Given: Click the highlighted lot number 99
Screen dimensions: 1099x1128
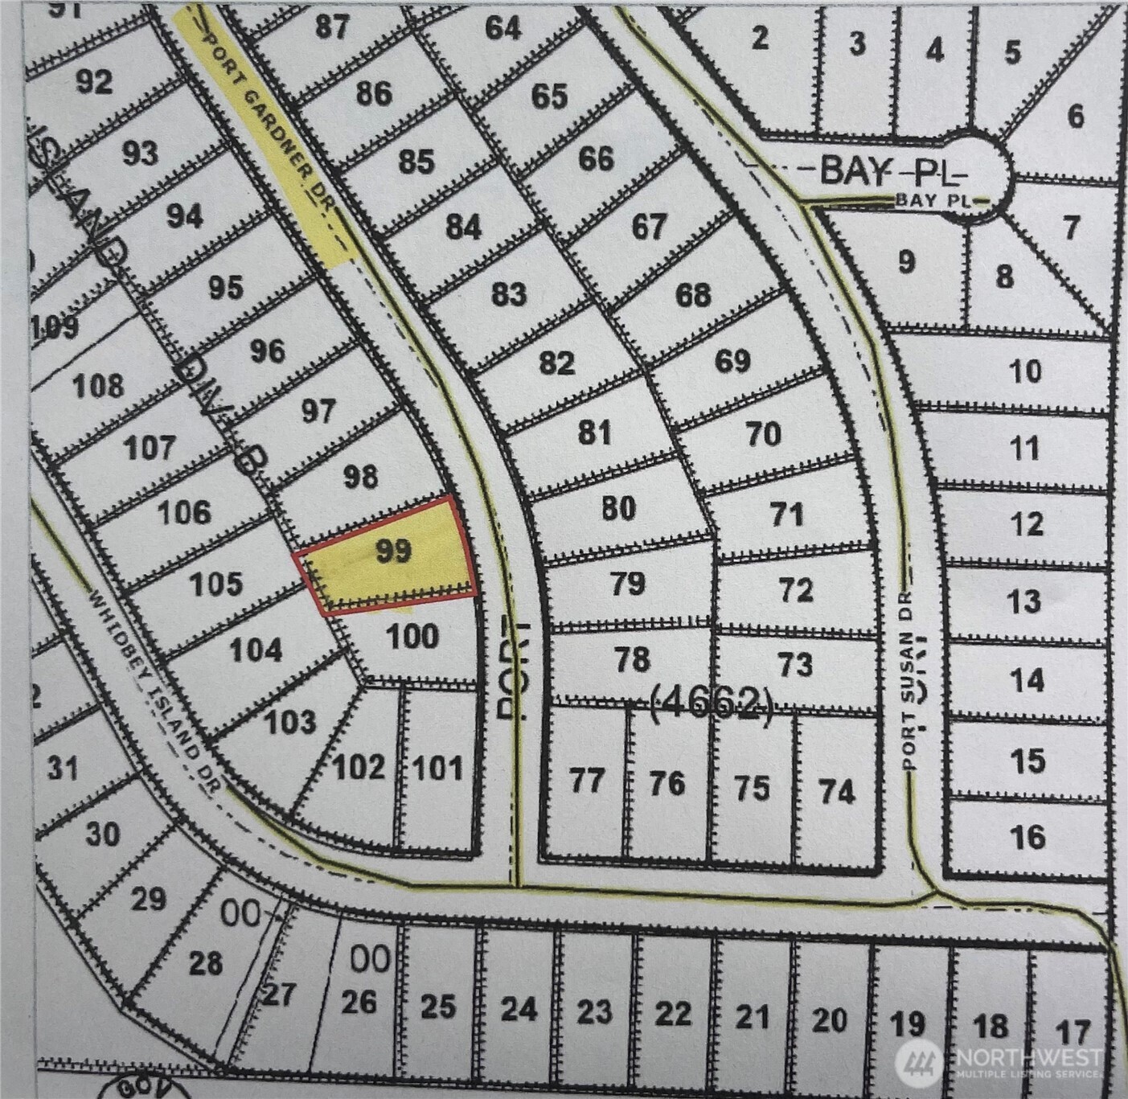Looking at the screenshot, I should click(394, 551).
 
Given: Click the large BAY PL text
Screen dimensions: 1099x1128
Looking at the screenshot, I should click(892, 170).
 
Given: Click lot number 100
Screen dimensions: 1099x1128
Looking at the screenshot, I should click(412, 637).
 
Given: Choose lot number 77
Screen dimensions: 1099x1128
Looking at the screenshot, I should click(586, 780).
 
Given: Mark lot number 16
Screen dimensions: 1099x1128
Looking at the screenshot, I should click(1028, 837).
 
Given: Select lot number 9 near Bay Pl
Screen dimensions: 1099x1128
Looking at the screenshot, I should click(906, 261).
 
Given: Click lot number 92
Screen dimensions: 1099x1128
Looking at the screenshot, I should click(93, 81).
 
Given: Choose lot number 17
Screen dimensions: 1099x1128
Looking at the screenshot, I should click(1073, 1031).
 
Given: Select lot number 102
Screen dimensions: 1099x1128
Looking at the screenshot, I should click(359, 767).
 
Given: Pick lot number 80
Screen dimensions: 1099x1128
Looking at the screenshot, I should click(618, 508).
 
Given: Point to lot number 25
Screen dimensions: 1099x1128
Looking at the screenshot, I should click(438, 1007).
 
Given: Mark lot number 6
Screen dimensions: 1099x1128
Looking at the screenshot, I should click(1076, 117).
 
